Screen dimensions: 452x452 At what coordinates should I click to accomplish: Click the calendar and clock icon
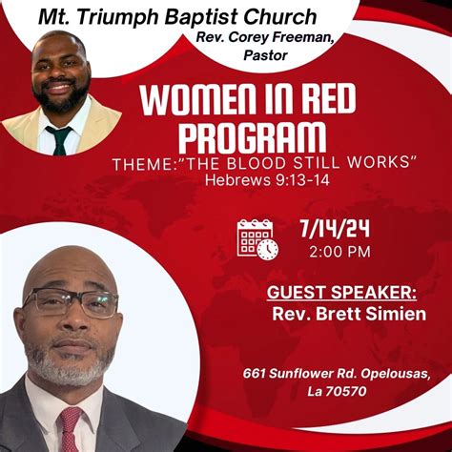pos(257,239)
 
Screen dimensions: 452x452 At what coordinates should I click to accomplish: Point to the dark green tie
pos(61,139)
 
